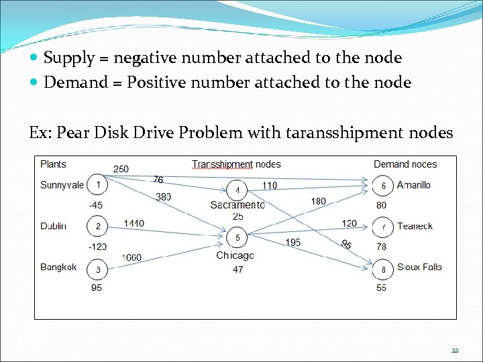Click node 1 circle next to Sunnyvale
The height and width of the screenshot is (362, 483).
(98, 184)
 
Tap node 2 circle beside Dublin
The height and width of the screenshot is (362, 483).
(98, 226)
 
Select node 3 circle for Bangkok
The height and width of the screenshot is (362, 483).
(98, 269)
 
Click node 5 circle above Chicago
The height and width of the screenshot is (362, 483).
(237, 237)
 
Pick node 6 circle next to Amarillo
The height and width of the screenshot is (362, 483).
(383, 185)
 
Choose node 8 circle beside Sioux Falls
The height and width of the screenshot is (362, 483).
(383, 269)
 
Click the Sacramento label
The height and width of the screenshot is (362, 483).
(237, 204)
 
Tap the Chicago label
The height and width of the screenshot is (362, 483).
(235, 255)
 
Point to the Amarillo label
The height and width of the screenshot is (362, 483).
(414, 185)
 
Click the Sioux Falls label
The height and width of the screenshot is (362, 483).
(419, 267)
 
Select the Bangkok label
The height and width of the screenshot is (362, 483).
(59, 267)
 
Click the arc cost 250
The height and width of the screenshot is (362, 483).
(121, 169)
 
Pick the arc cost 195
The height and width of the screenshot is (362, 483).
(292, 242)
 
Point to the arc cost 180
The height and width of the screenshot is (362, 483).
(318, 201)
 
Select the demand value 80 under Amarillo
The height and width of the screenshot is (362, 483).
(381, 205)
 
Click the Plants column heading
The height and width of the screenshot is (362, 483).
(54, 164)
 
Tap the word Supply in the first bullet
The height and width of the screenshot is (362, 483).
(69, 58)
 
